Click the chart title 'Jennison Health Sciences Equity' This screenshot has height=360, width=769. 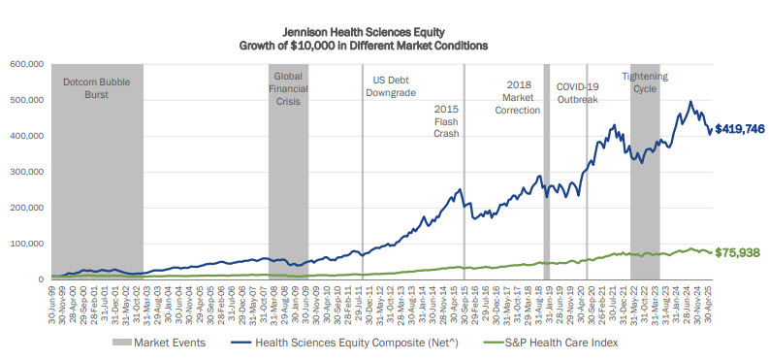[x=384, y=31]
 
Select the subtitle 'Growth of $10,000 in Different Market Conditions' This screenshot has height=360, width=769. [x=384, y=46]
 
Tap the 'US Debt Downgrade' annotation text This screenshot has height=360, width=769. [x=395, y=87]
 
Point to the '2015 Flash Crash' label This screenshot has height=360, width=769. [x=445, y=121]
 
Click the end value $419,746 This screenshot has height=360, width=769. [x=739, y=128]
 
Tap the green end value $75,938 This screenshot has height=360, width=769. [x=739, y=251]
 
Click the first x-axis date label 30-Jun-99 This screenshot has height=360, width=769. [x=48, y=300]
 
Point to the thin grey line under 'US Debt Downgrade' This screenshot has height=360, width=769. [x=363, y=194]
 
